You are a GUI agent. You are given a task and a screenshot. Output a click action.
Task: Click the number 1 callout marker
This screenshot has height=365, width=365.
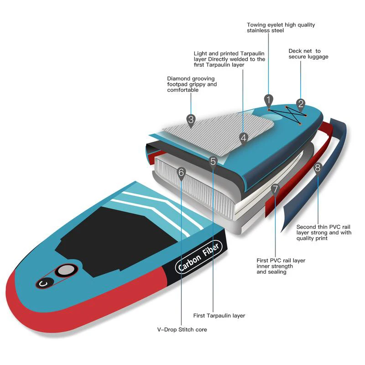[268, 99]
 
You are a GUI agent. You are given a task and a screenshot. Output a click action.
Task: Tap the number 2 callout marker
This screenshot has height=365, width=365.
[301, 104]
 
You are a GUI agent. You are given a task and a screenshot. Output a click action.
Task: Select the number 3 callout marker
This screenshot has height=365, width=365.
[191, 120]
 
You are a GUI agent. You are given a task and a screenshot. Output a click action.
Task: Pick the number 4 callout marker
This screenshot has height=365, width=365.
[244, 137]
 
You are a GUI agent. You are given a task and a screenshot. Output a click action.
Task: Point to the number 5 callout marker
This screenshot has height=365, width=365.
[213, 161]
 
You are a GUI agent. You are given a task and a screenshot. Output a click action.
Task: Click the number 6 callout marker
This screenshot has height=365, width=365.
[181, 172]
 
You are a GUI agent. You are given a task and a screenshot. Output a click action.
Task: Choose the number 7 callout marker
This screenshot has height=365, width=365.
[275, 189]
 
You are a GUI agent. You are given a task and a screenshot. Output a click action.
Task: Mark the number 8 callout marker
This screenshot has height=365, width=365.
[318, 167]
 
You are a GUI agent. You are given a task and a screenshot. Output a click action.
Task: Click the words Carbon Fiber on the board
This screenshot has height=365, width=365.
[198, 257]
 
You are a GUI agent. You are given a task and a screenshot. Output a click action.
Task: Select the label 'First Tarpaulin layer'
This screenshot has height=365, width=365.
[219, 316]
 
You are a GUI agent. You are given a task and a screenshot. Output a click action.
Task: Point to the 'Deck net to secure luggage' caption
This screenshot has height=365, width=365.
[308, 54]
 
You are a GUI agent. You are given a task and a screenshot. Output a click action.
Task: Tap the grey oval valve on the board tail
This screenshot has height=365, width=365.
[66, 270]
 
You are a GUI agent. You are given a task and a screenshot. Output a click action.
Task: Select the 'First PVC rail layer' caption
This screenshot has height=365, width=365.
[281, 266]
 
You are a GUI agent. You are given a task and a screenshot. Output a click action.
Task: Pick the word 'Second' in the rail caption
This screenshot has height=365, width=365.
[307, 227]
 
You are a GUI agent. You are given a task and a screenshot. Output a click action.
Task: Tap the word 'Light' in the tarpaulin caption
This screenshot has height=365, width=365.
[201, 53]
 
